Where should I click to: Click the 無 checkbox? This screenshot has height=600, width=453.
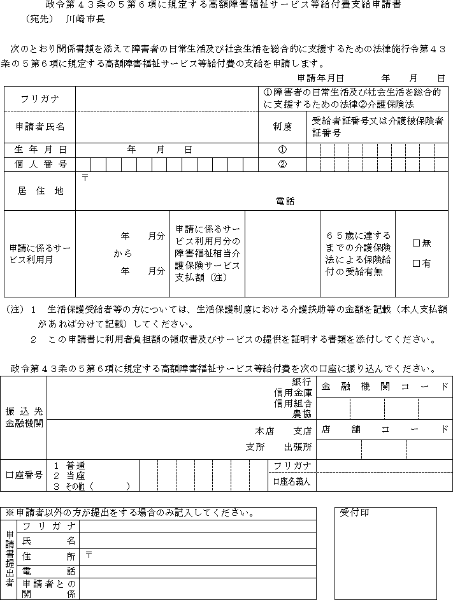pos(417,243)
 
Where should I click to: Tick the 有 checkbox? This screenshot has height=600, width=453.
pos(417,263)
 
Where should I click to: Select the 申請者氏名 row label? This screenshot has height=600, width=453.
pos(40,127)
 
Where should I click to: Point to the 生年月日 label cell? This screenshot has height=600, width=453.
pos(40,149)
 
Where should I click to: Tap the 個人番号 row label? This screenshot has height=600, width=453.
pos(40,164)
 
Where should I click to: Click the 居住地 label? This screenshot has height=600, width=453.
pos(40,191)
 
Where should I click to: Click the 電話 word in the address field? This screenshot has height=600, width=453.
pos(285,201)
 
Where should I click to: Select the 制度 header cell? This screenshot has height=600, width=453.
pos(282,127)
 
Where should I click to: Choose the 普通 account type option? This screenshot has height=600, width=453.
pos(74,466)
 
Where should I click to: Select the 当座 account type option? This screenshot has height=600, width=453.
pos(74,476)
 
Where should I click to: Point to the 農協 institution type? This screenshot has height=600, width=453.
pos(302,413)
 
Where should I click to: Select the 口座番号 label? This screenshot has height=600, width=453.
pos(24,475)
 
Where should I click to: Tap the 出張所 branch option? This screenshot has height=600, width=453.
pos(298,446)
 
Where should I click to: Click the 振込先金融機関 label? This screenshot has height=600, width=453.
pos(24,417)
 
